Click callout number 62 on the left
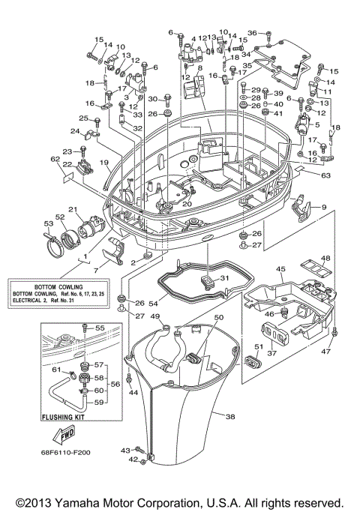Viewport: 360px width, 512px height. [x=55, y=159]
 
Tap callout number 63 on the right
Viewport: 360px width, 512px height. [x=325, y=176]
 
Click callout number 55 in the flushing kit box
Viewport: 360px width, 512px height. [x=100, y=328]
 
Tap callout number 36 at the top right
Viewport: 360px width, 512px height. [x=253, y=33]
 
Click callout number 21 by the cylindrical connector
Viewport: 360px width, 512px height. [x=73, y=209]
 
